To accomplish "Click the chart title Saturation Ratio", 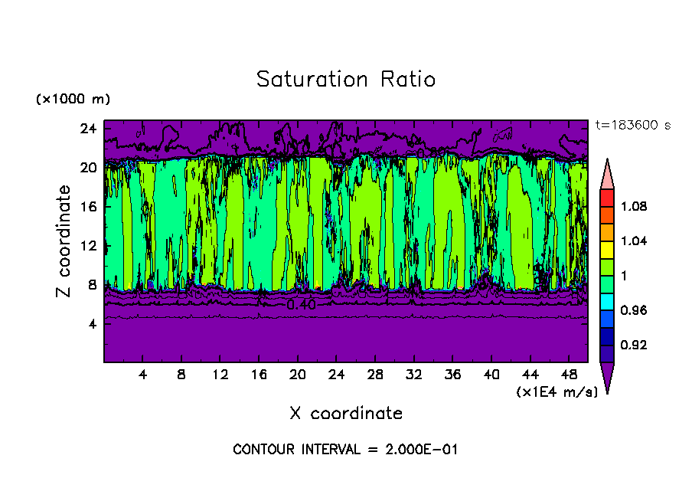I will (x=346, y=80).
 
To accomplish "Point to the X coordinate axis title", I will (x=346, y=414).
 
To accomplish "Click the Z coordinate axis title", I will (x=64, y=241).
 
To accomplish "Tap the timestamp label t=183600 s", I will (x=633, y=126).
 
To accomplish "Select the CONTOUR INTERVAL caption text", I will (x=345, y=450).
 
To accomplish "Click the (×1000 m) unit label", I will (x=73, y=100).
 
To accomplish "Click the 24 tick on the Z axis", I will (x=88, y=129).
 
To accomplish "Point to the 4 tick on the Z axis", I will (x=92, y=324).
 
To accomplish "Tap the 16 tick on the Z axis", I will (x=88, y=207).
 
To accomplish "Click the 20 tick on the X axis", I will (x=298, y=375).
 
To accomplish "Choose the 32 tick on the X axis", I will (x=414, y=375).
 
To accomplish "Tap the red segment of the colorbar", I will (x=606, y=197).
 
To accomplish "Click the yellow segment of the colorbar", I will (x=606, y=249).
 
